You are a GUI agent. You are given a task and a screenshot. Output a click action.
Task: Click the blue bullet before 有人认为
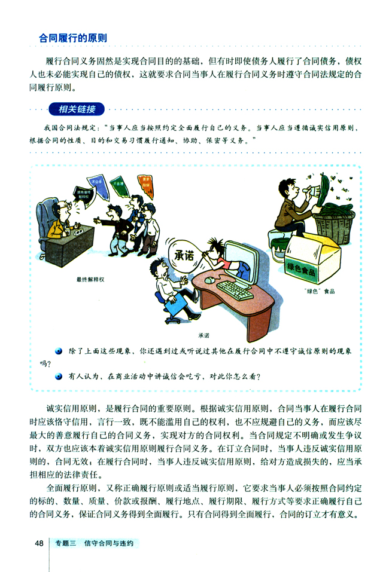click(x=59, y=377)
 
